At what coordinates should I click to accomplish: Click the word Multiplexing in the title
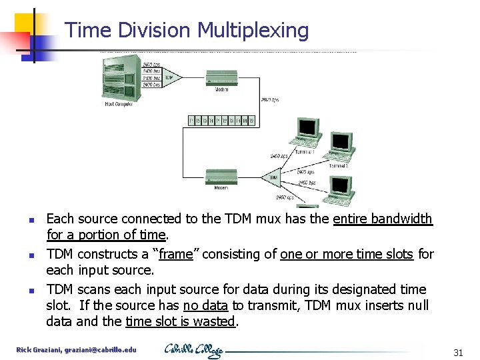(x=253, y=31)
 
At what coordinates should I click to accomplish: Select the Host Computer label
(x=119, y=104)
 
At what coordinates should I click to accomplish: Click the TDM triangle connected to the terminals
(x=273, y=177)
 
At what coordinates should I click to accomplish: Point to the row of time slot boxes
(x=221, y=121)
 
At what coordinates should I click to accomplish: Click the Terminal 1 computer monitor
(x=308, y=128)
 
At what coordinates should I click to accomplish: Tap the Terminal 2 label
(x=337, y=165)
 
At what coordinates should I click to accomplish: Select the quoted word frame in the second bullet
(x=178, y=254)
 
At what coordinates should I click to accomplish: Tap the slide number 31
(x=457, y=353)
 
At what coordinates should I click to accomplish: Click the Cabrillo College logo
(x=194, y=350)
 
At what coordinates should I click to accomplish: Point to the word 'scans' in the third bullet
(x=94, y=289)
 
